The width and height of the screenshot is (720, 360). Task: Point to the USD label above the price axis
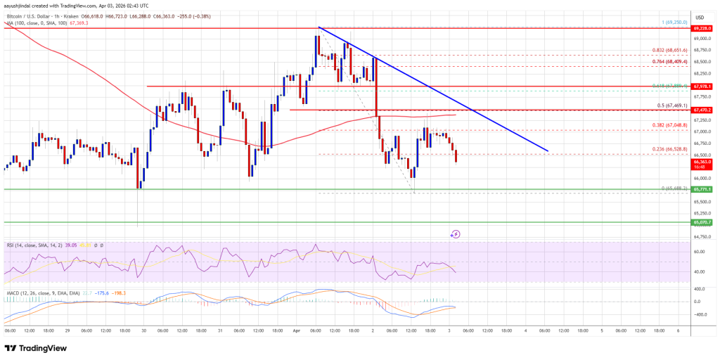pyautogui.click(x=700, y=18)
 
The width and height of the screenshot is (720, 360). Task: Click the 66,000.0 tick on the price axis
pyautogui.click(x=700, y=178)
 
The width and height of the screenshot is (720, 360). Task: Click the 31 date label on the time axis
pyautogui.click(x=219, y=330)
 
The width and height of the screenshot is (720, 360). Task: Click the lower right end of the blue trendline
pyautogui.click(x=548, y=151)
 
